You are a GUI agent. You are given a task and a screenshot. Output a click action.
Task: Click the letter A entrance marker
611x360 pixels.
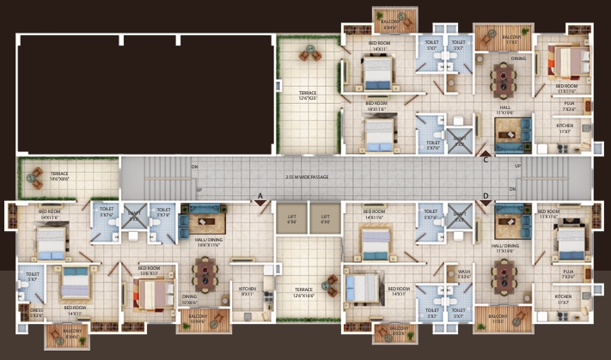(x=260, y=196)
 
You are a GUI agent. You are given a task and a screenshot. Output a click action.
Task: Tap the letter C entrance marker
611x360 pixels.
(x=486, y=158)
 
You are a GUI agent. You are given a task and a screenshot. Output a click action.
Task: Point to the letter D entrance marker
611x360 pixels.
(x=486, y=196)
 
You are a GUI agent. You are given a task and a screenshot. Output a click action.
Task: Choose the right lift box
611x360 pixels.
(x=325, y=218)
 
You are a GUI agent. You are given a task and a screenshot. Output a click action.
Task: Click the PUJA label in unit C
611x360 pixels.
(x=568, y=107)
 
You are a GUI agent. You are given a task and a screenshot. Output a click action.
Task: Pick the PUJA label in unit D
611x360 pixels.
(x=568, y=275)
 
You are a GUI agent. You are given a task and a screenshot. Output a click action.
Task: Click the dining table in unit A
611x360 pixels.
(x=205, y=275)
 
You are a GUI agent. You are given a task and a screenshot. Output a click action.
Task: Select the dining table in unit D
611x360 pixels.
(x=502, y=277)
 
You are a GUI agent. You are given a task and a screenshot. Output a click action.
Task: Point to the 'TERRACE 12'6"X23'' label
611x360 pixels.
(x=308, y=95)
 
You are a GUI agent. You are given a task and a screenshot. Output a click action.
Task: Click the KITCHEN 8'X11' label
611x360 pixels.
(x=247, y=292)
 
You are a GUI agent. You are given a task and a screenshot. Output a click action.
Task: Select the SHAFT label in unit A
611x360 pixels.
(x=134, y=216)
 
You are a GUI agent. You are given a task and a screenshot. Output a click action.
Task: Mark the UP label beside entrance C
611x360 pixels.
(x=517, y=166)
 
